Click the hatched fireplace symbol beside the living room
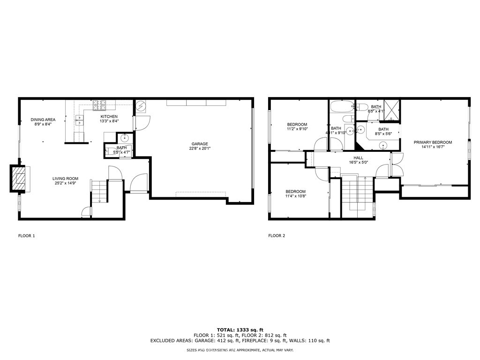click(x=19, y=178)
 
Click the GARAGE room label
click(x=199, y=144)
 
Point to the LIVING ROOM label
click(x=65, y=179)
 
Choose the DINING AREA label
click(x=43, y=120)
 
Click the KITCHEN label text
click(x=109, y=117)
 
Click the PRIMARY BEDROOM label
click(x=433, y=142)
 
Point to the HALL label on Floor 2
click(x=359, y=158)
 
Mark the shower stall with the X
click(x=391, y=107)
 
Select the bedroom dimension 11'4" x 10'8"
click(x=296, y=197)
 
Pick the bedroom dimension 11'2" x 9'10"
click(x=297, y=130)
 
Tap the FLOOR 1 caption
click(x=26, y=236)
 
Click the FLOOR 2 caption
click(x=277, y=236)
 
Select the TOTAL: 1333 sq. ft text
click(x=240, y=330)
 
